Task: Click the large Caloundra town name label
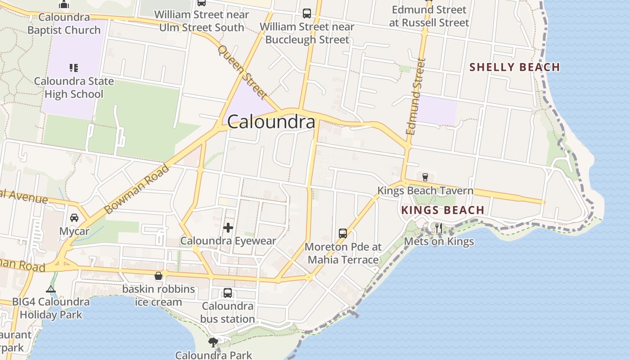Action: click(x=271, y=122)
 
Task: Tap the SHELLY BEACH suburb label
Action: click(x=514, y=67)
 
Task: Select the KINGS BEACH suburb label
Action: click(x=442, y=210)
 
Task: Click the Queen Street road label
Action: click(x=243, y=72)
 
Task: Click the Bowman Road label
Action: click(x=137, y=189)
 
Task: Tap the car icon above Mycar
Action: click(x=74, y=218)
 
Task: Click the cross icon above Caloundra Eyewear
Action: click(x=228, y=228)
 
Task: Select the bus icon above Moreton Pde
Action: click(x=343, y=234)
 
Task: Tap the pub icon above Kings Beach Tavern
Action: click(x=425, y=177)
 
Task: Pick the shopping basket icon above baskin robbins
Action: click(x=158, y=276)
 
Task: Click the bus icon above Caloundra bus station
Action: click(x=228, y=293)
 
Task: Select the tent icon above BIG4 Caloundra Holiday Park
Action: click(x=51, y=289)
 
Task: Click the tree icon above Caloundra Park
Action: click(x=213, y=342)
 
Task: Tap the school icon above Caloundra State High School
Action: click(x=74, y=68)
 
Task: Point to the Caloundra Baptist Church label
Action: click(x=64, y=24)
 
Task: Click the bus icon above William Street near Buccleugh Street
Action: click(x=307, y=13)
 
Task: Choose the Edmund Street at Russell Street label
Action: click(x=429, y=16)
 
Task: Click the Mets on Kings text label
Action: click(x=439, y=242)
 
